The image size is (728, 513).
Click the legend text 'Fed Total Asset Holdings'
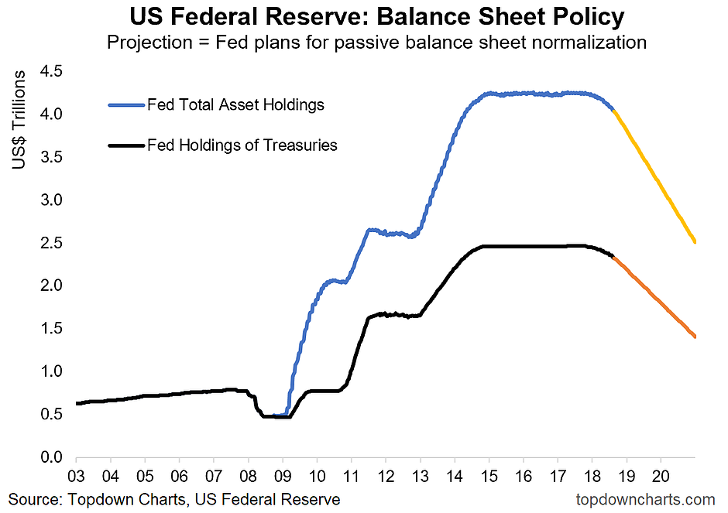235,104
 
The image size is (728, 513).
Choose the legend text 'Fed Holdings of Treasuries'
242,145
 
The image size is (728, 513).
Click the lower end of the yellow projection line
695,241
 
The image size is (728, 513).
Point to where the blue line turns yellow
613,111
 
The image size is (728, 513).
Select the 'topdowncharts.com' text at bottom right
645,500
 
